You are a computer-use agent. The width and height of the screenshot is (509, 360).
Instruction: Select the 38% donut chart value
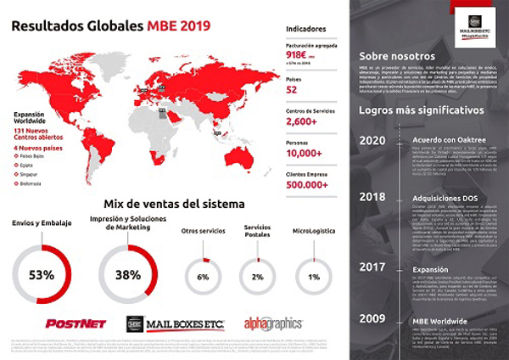pyautogui.click(x=129, y=275)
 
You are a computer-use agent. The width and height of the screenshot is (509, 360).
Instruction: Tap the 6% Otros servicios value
pyautogui.click(x=203, y=277)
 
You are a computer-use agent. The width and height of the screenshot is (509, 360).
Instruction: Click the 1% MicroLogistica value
pyautogui.click(x=315, y=277)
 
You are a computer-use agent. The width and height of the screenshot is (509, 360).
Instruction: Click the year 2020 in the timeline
pyautogui.click(x=373, y=141)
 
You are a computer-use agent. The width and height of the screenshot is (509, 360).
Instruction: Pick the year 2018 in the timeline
pyautogui.click(x=373, y=196)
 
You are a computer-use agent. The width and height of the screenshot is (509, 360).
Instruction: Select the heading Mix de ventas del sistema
pyautogui.click(x=175, y=204)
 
